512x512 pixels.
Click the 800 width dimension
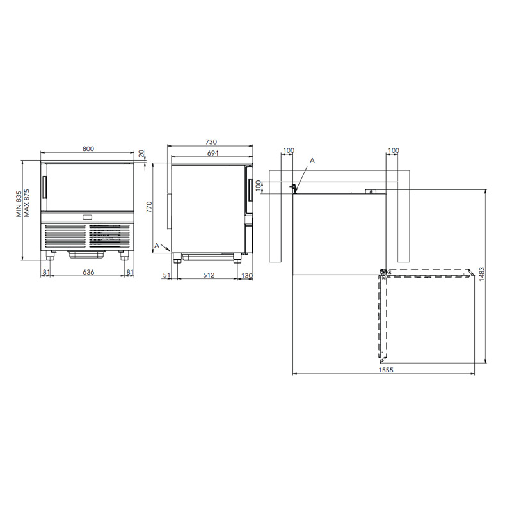click(88, 149)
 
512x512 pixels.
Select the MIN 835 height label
click(19, 204)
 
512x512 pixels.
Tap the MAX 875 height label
click(26, 203)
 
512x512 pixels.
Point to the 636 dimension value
click(88, 272)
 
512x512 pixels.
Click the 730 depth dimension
click(211, 142)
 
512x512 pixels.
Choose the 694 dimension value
click(212, 153)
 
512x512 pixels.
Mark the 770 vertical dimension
click(149, 207)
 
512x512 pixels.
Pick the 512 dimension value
click(209, 275)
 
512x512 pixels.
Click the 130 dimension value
click(247, 276)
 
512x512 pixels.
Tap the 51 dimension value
click(166, 275)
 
